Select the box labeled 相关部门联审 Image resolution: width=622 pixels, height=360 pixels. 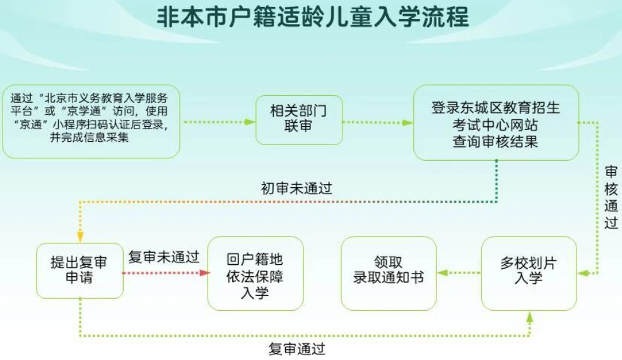point(299,120)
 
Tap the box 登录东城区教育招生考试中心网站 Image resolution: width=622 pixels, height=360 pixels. point(496,122)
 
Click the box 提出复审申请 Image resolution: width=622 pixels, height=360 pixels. point(79,271)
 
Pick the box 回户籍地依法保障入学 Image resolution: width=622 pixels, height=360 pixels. point(255,274)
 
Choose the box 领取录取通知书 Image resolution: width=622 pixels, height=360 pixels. point(389,274)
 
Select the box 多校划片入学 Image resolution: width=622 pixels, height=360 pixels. point(529,274)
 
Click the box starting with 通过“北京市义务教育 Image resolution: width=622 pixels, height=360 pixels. point(91,121)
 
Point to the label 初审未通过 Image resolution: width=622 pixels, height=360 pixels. point(296,189)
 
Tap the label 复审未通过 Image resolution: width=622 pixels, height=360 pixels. point(163,257)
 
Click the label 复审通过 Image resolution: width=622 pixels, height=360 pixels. point(296,349)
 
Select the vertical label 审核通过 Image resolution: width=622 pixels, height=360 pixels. point(611,197)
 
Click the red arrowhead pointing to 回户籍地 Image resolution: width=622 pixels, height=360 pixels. point(204,273)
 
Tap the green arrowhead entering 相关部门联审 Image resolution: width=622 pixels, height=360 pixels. point(250,122)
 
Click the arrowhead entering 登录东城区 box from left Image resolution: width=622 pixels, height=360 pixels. point(408,122)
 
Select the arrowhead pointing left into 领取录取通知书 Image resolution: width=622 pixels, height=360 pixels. point(442,273)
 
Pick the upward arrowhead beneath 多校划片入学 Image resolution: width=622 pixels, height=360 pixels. point(529,316)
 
